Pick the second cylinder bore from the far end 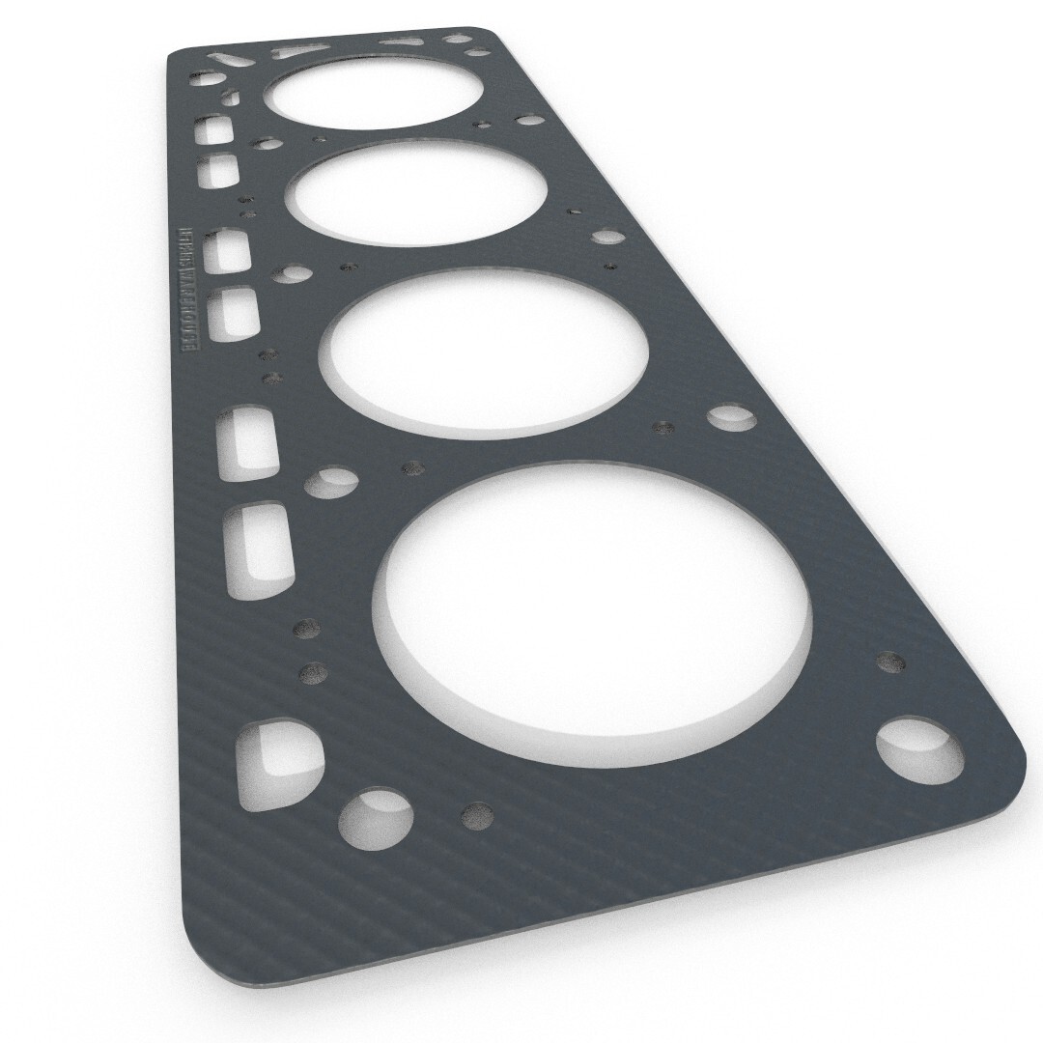[x=415, y=193]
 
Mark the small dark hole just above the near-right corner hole [x=890, y=662]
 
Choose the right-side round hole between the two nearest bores [x=731, y=417]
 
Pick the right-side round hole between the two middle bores [x=607, y=236]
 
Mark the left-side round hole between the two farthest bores [x=268, y=144]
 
